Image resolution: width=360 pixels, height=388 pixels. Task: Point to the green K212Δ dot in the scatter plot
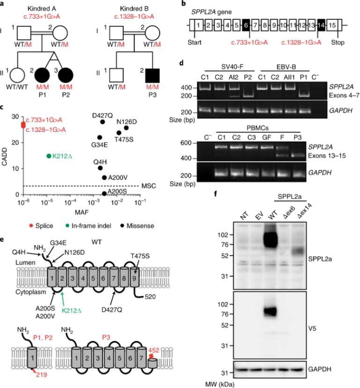coord(49,156)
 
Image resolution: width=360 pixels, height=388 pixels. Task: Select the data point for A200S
coord(104,193)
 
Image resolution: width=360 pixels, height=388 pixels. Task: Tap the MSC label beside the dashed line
coord(149,186)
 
